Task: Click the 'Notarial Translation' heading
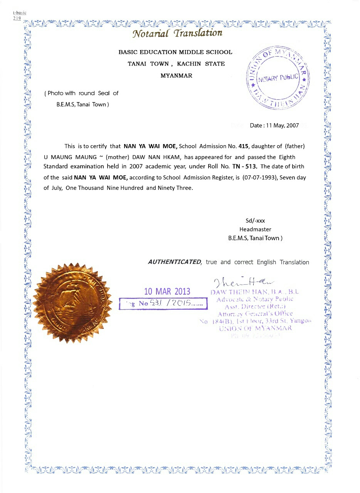(177, 34)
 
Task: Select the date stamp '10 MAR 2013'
(167, 291)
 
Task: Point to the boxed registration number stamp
(163, 304)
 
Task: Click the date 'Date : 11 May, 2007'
(274, 126)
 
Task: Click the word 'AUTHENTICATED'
(175, 262)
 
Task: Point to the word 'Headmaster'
(255, 230)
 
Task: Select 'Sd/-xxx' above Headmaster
(255, 221)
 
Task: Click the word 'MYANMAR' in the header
(176, 75)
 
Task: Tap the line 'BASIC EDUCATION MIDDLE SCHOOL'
(175, 52)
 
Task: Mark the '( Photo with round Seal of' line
(82, 93)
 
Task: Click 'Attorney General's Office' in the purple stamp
(255, 314)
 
